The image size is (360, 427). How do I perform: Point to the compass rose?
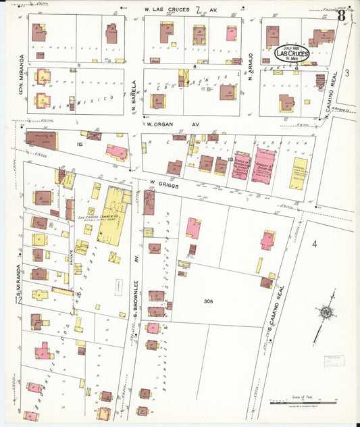pyautogui.click(x=326, y=312)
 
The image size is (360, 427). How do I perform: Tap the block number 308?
pyautogui.click(x=210, y=301)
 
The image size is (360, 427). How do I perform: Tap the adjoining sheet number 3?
pyautogui.click(x=346, y=72)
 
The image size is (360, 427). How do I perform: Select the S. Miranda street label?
pyautogui.click(x=20, y=277)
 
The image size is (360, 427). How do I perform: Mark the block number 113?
pyautogui.click(x=231, y=159)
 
